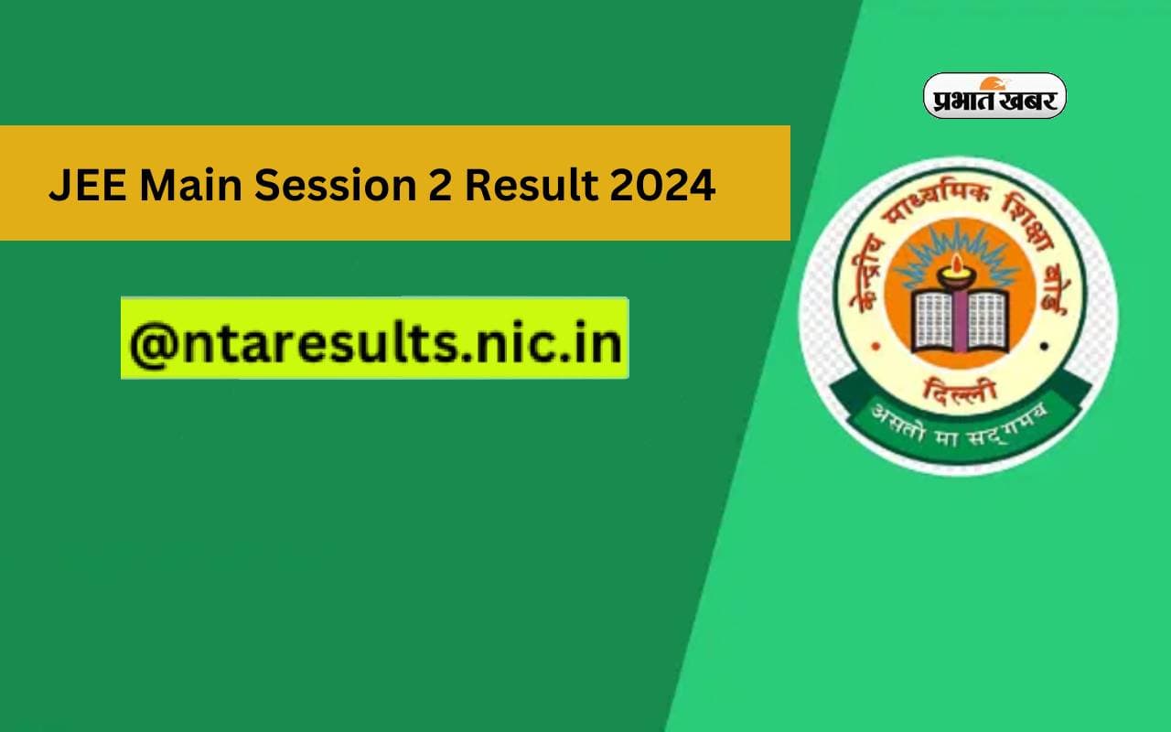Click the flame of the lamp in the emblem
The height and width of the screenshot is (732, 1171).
[x=959, y=266]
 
